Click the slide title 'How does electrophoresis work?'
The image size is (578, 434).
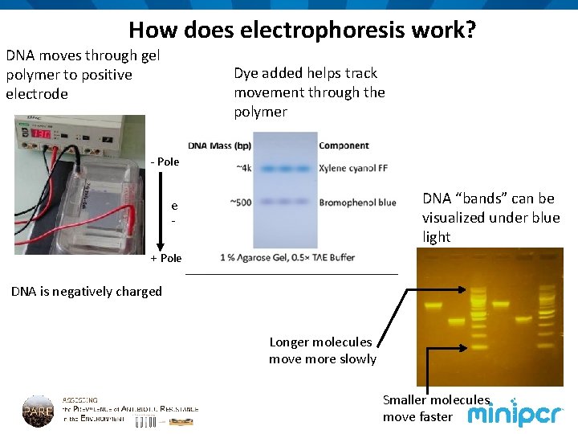tap(302, 31)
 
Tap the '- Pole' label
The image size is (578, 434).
tap(165, 162)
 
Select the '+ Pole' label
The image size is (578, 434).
tap(165, 258)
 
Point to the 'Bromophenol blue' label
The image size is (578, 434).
tap(357, 203)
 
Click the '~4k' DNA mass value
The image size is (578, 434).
tap(243, 168)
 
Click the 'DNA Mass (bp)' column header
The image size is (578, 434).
tap(219, 145)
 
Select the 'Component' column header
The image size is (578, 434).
tap(344, 145)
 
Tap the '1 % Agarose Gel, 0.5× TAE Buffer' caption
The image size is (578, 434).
tap(287, 257)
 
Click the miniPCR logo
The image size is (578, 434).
tap(516, 414)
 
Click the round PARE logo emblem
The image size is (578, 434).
tap(38, 410)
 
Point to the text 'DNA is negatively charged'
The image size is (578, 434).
tap(87, 292)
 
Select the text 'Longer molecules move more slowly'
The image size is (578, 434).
tap(321, 350)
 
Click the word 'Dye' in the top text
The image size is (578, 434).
tap(246, 73)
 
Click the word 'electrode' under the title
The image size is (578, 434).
tap(37, 94)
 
